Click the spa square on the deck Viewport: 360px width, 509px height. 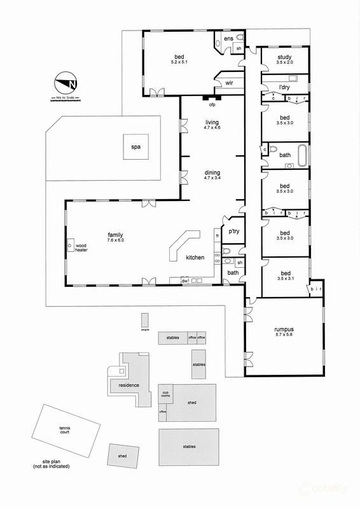click(135, 147)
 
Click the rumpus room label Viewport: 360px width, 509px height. click(284, 329)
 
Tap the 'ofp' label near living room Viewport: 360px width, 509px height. click(213, 105)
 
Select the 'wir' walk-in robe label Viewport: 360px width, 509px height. click(229, 82)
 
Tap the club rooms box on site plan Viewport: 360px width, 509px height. click(167, 394)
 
